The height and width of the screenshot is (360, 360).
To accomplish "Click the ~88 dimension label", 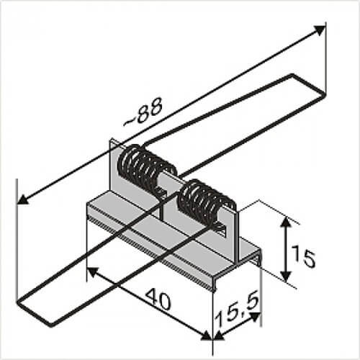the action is click(x=143, y=112).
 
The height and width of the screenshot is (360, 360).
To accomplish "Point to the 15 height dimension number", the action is click(x=303, y=258).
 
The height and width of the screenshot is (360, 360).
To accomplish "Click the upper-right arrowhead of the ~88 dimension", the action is click(x=320, y=30).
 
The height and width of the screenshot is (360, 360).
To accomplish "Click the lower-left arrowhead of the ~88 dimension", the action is click(x=23, y=199).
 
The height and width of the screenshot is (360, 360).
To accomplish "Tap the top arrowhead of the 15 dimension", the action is click(x=286, y=223).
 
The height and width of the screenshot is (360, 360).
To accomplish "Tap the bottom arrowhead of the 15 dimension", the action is click(x=286, y=275).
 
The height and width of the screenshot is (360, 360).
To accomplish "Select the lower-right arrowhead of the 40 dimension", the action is click(x=207, y=336).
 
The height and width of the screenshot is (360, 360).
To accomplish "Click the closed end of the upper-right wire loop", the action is click(x=310, y=84).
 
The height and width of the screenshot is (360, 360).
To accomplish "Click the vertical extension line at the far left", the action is click(x=17, y=239).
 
